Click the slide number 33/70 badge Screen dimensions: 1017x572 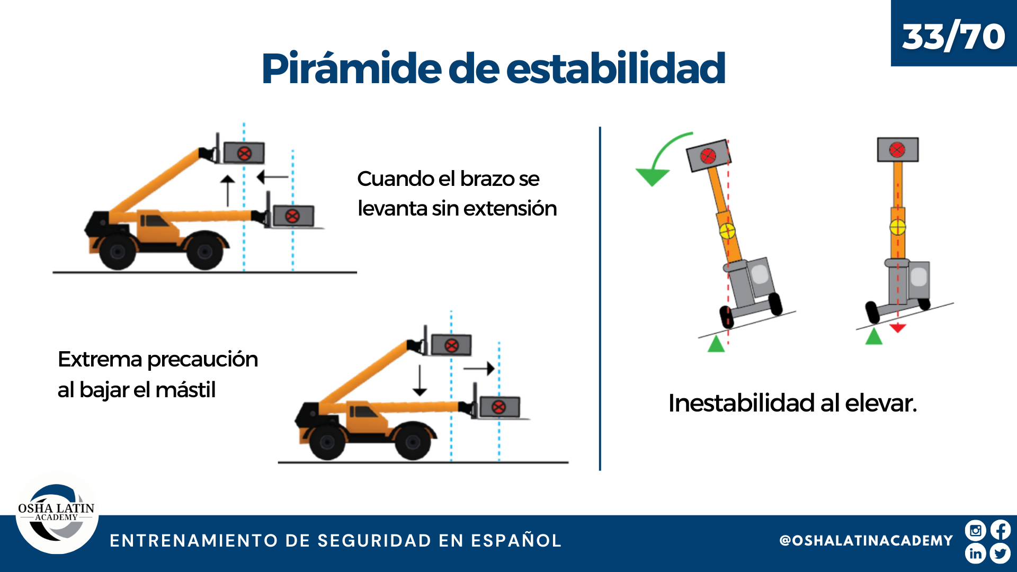(953, 33)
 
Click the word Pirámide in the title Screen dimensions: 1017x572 (351, 69)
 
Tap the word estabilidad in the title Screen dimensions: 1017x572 (615, 68)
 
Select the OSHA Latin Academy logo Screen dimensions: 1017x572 (57, 513)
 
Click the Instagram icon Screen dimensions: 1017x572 (975, 530)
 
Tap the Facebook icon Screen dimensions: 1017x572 (1001, 530)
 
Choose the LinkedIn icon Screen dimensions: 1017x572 (975, 553)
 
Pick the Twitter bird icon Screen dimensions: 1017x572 (1001, 553)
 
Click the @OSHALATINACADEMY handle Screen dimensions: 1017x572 (866, 541)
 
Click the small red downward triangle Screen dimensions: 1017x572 (897, 328)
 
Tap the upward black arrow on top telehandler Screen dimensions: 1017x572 (228, 191)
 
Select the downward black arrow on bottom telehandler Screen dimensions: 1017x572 (420, 380)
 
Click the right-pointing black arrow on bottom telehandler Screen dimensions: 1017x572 (479, 369)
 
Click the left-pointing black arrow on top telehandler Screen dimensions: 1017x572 (272, 177)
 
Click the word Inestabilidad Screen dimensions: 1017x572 (742, 403)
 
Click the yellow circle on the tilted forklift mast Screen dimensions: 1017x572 (727, 231)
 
